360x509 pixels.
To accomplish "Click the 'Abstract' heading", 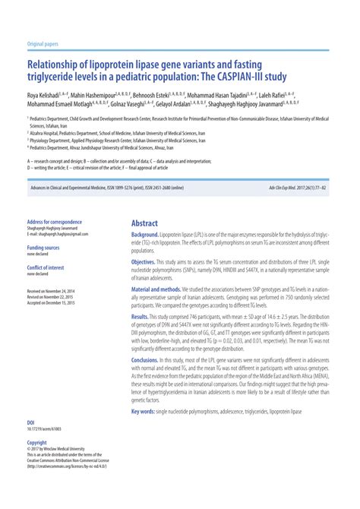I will coord(144,223).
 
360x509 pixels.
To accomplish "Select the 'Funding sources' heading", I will coord(43,248).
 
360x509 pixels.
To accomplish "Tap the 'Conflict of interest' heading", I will coord(45,267).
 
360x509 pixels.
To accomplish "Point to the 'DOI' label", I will coord(30,422).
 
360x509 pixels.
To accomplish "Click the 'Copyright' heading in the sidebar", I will coord(36,442).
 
